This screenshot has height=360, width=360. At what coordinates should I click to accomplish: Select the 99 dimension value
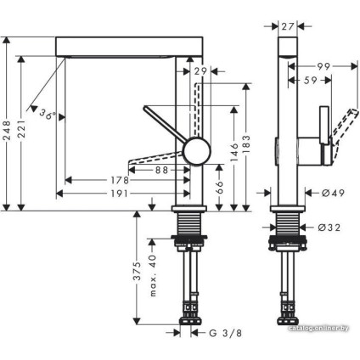click(323, 66)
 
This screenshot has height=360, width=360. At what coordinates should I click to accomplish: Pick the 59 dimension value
click(312, 82)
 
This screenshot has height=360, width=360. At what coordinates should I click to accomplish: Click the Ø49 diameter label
click(331, 194)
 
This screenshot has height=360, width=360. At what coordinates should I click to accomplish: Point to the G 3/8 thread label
click(225, 333)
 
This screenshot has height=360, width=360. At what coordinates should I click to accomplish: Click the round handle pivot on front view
click(195, 153)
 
